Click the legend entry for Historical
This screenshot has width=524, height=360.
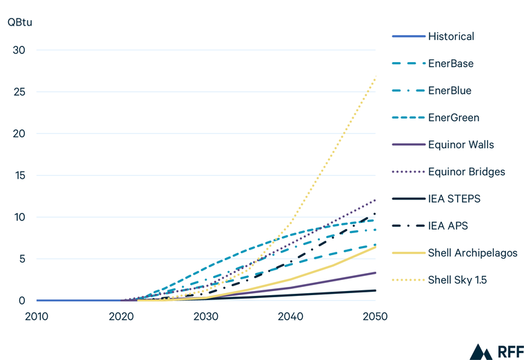451,37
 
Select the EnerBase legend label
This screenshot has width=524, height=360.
451,63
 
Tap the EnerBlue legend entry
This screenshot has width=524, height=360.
450,90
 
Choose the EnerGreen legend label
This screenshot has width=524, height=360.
453,118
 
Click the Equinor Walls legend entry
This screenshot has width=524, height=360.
461,145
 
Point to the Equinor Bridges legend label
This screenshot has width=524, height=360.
466,172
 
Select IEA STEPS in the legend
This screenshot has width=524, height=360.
454,199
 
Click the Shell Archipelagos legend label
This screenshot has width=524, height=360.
472,253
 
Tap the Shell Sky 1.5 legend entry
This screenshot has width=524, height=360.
458,280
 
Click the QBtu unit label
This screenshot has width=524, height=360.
20,21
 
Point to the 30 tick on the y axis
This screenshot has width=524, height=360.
20,50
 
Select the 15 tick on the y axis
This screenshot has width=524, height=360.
20,175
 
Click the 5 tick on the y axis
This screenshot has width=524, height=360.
23,259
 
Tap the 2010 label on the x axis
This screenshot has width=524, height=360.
37,316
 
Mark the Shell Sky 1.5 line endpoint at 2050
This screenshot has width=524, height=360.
375,77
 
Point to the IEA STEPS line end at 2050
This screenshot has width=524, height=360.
375,290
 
